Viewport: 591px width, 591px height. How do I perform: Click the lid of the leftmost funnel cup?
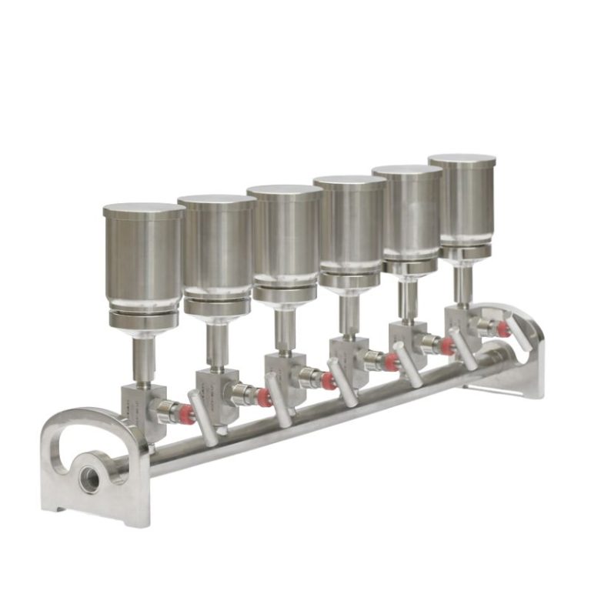[x=143, y=210]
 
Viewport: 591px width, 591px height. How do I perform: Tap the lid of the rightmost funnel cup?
[x=462, y=160]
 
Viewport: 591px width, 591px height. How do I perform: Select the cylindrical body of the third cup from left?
[x=284, y=239]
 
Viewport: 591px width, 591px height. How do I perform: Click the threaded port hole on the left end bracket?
[x=90, y=479]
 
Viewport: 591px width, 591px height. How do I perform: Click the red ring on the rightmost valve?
[x=503, y=329]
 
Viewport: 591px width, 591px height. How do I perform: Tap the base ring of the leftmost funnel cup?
[x=143, y=318]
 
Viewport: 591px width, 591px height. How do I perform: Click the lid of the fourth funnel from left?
[x=349, y=182]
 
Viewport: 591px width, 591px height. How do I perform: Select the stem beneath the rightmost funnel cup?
[x=462, y=285]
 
